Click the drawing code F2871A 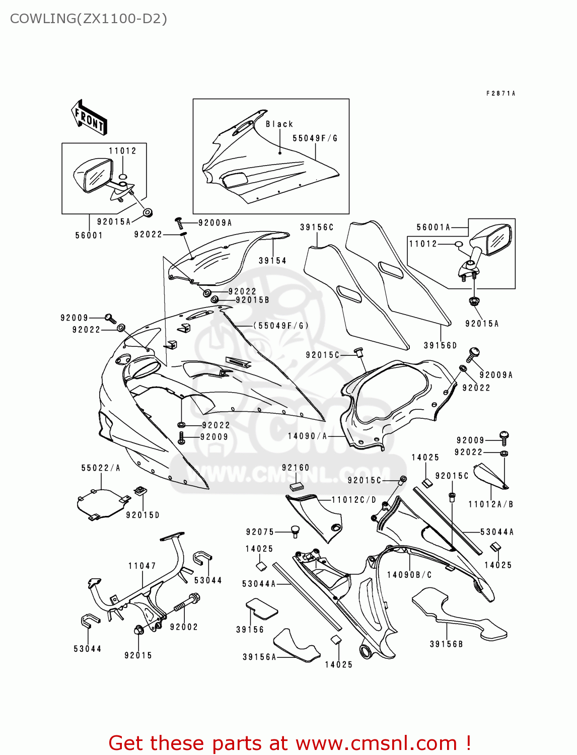[x=500, y=94]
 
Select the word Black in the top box [x=279, y=124]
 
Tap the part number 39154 [x=272, y=261]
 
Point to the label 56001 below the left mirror [x=89, y=235]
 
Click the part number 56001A [x=433, y=228]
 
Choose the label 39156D [x=440, y=345]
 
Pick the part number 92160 [x=296, y=468]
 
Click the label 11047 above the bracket [x=142, y=566]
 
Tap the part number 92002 [x=184, y=627]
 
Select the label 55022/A [x=101, y=468]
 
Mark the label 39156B [x=446, y=644]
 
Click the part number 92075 [x=260, y=532]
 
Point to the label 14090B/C [x=409, y=575]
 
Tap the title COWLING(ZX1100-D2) [x=88, y=19]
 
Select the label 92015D [x=142, y=515]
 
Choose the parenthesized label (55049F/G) [x=280, y=326]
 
